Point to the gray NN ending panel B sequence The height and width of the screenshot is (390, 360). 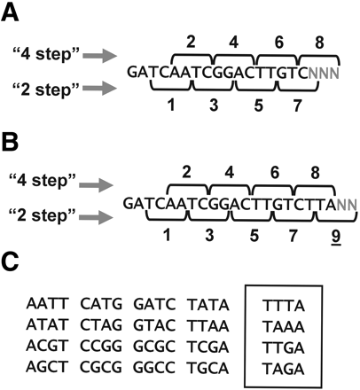click(338, 203)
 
